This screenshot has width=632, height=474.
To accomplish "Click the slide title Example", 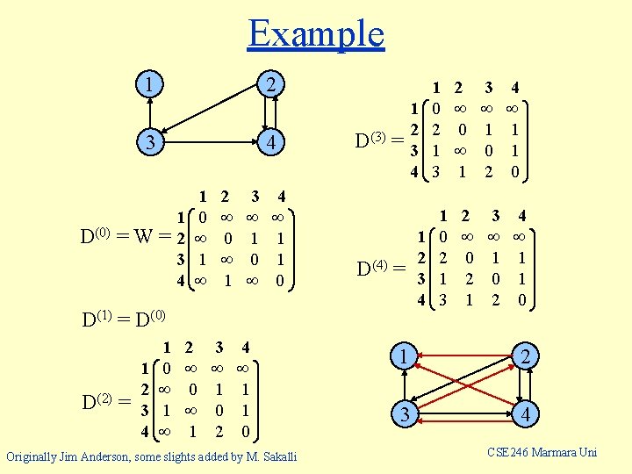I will pyautogui.click(x=316, y=34).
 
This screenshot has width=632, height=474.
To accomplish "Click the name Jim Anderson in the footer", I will pyautogui.click(x=106, y=456).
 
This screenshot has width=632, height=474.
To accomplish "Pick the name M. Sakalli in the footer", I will pyautogui.click(x=269, y=456).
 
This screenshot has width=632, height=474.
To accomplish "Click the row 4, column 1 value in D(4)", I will pyautogui.click(x=443, y=300).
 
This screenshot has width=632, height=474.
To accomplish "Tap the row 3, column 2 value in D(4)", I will pyautogui.click(x=470, y=279).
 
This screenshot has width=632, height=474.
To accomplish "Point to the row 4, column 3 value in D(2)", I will pyautogui.click(x=220, y=431).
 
